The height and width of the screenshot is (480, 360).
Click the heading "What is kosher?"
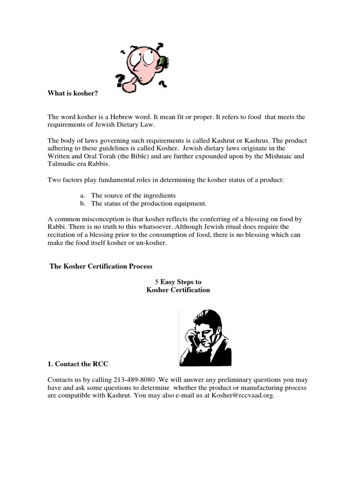point(73,93)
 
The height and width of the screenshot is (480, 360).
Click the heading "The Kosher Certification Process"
point(101,266)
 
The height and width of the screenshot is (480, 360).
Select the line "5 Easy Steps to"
point(178,282)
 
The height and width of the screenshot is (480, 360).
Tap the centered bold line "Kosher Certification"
point(178,290)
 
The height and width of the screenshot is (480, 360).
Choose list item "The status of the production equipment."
point(149,203)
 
